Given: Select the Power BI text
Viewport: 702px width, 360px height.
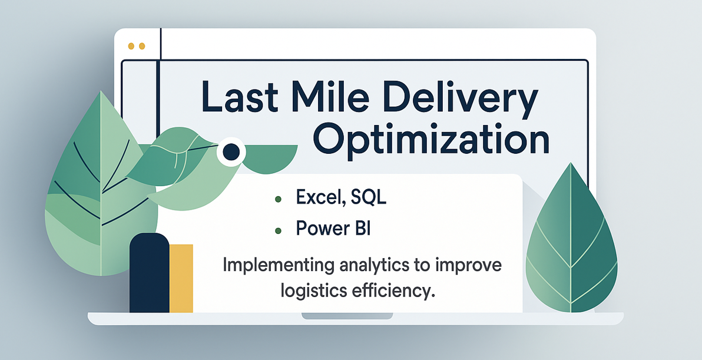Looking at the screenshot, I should pos(333,228).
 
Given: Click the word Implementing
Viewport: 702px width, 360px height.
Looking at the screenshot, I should pos(271,266).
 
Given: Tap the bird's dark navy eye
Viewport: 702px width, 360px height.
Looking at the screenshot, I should pos(231,152).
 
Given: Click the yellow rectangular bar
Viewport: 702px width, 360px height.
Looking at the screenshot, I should pos(181,278).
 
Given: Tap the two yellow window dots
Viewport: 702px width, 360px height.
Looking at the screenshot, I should pos(136,45).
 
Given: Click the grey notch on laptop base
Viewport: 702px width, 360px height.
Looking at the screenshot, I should pos(347,316).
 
